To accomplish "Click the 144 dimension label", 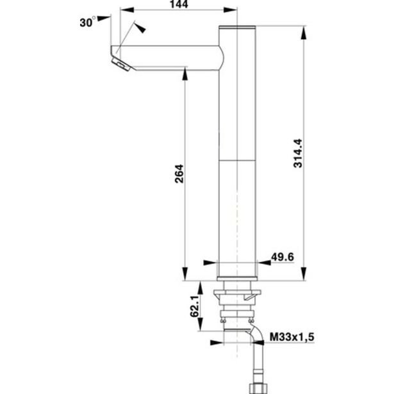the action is [x=179, y=4].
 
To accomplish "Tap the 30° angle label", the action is [x=88, y=22].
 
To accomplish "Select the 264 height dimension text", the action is [x=179, y=174].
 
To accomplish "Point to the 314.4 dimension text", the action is [x=298, y=153].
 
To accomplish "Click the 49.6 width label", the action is [x=283, y=257].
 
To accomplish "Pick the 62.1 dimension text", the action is [x=195, y=306].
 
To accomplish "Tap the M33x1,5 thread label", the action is [x=291, y=337].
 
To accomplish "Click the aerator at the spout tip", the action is [x=121, y=64].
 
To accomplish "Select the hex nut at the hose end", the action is [x=256, y=389].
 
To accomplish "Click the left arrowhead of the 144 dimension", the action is [x=127, y=10].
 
